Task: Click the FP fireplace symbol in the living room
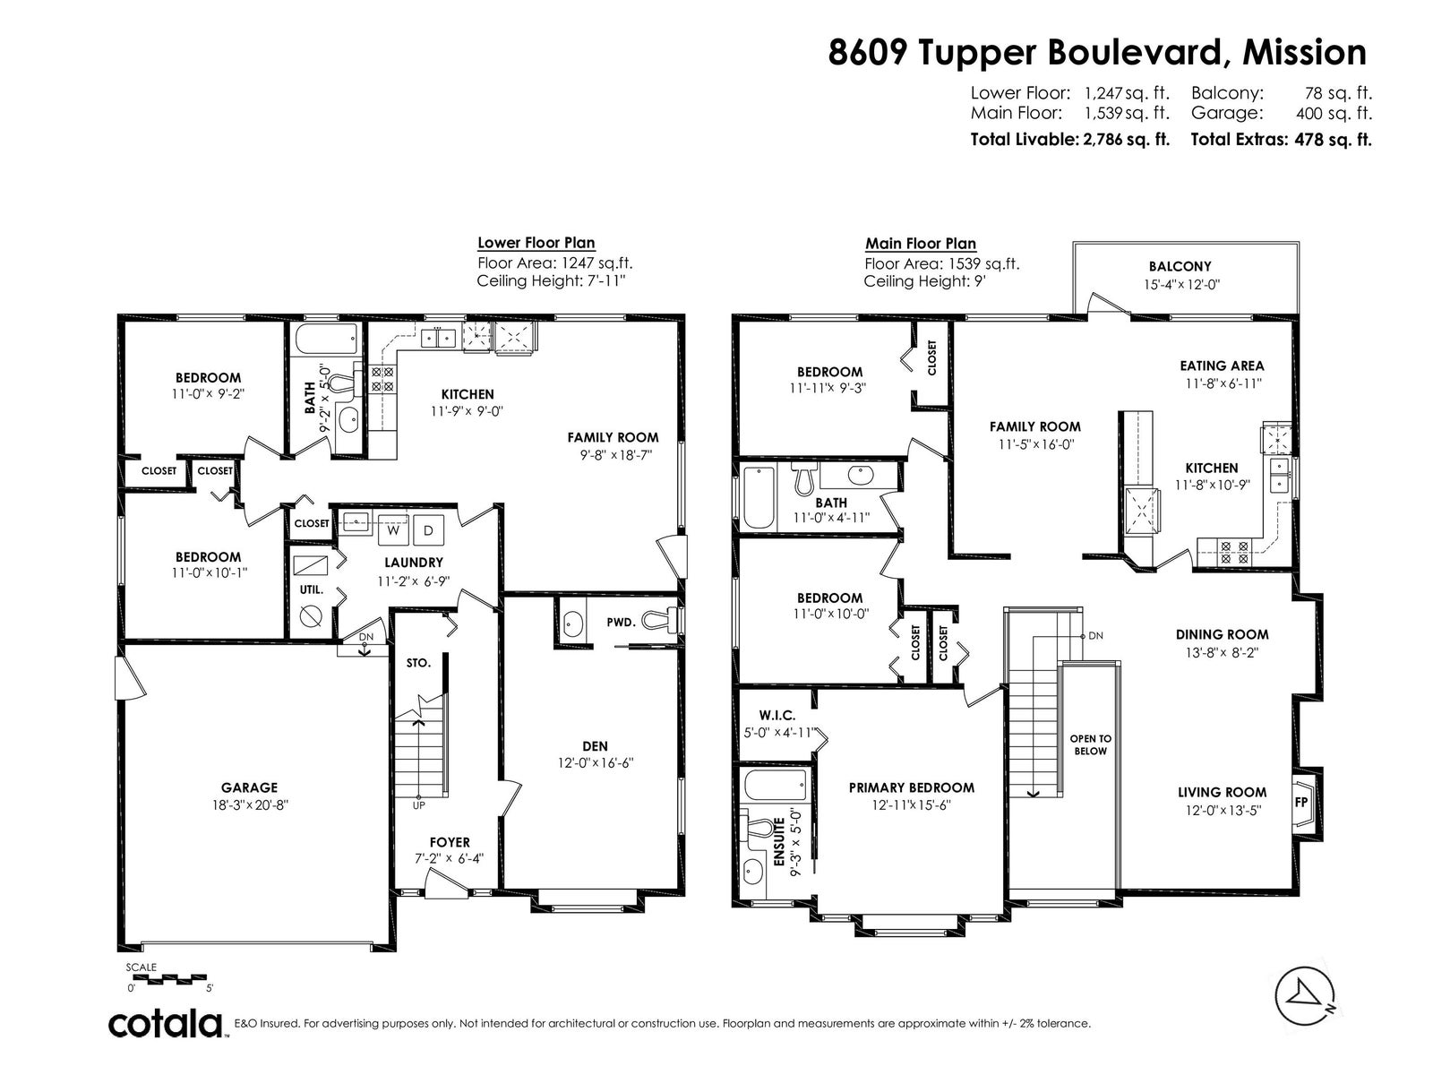(x=1301, y=802)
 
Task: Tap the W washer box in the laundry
(x=393, y=530)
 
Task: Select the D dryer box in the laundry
(x=428, y=530)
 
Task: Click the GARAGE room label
(x=249, y=787)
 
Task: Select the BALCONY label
(x=1180, y=266)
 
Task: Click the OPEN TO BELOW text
(x=1090, y=744)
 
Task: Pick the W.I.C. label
(x=777, y=716)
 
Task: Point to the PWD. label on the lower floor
(x=621, y=623)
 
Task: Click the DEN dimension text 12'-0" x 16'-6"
(x=596, y=763)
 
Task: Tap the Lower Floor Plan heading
(x=536, y=243)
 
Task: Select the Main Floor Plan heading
(x=921, y=244)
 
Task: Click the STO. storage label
(x=418, y=663)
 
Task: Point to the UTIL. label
(x=312, y=589)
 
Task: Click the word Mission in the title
(x=1304, y=52)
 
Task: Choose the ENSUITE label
(x=778, y=842)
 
